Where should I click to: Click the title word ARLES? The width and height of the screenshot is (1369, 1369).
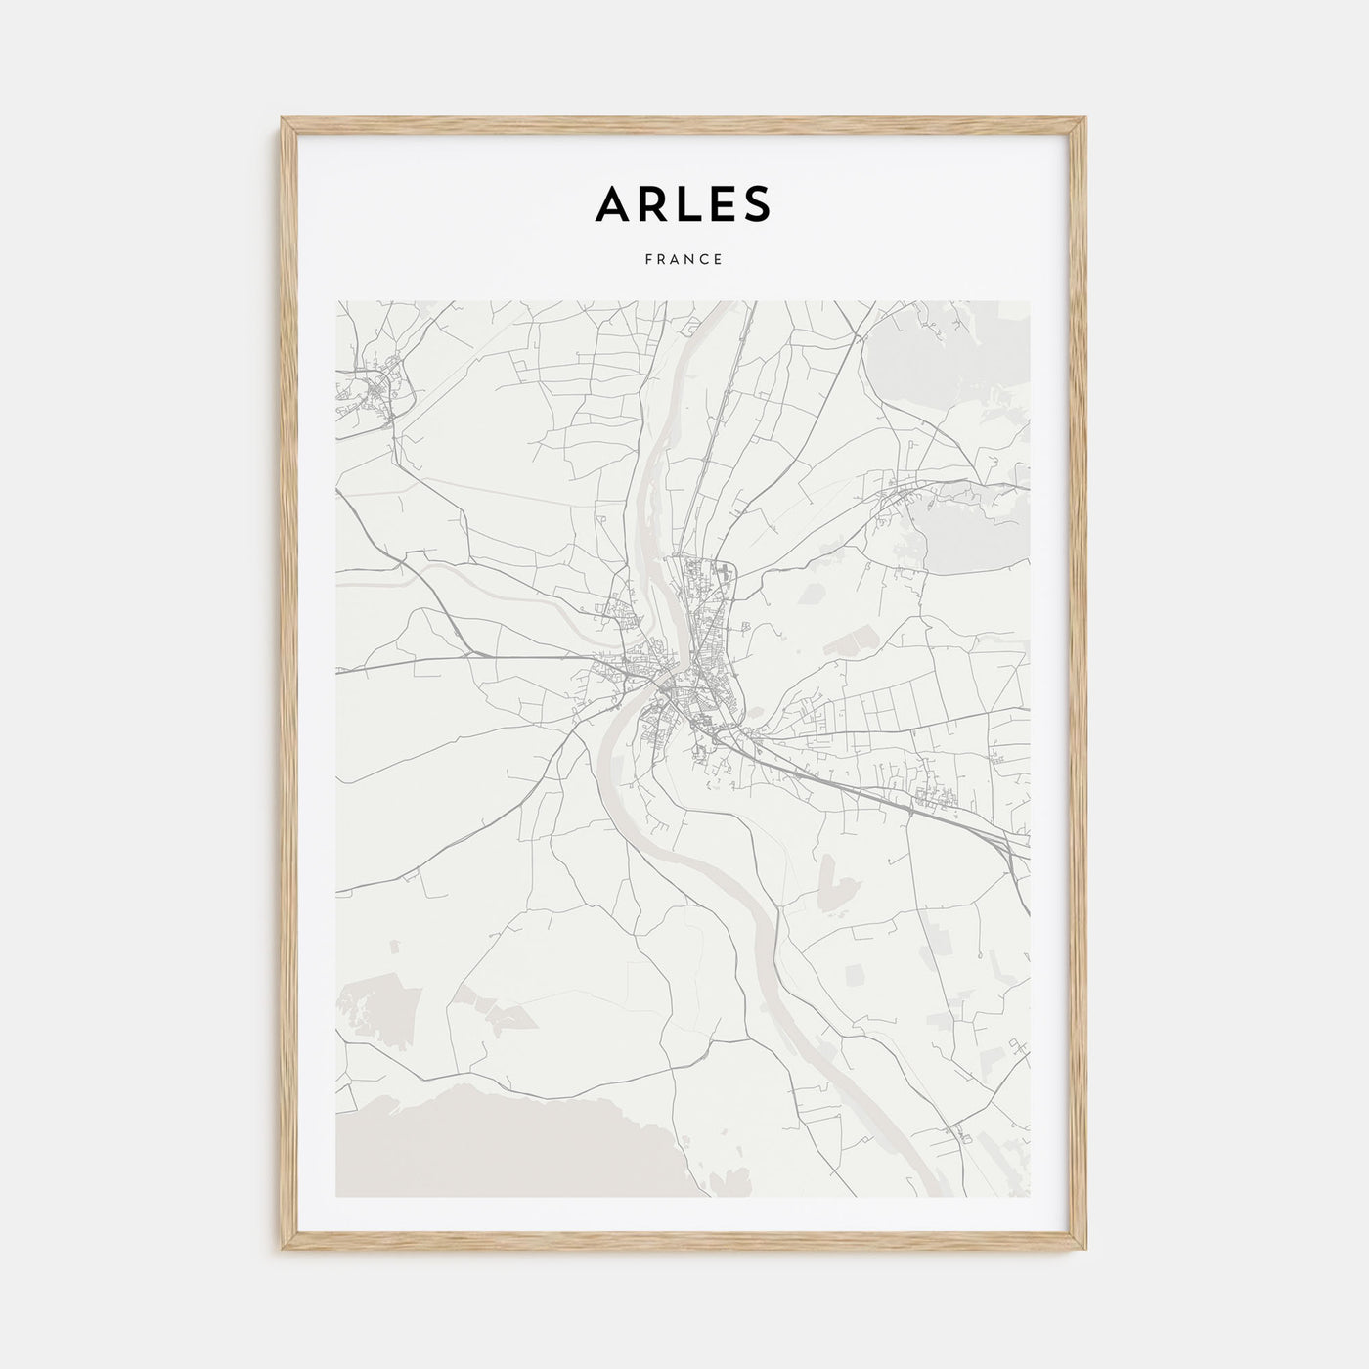coord(683,202)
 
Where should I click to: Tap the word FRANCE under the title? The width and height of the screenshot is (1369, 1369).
coord(684,260)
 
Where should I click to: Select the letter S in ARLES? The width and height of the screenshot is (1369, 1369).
coord(756,202)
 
